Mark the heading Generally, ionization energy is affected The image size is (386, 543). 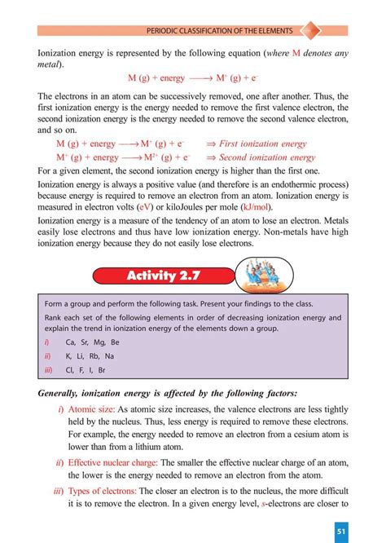pyautogui.click(x=168, y=393)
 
